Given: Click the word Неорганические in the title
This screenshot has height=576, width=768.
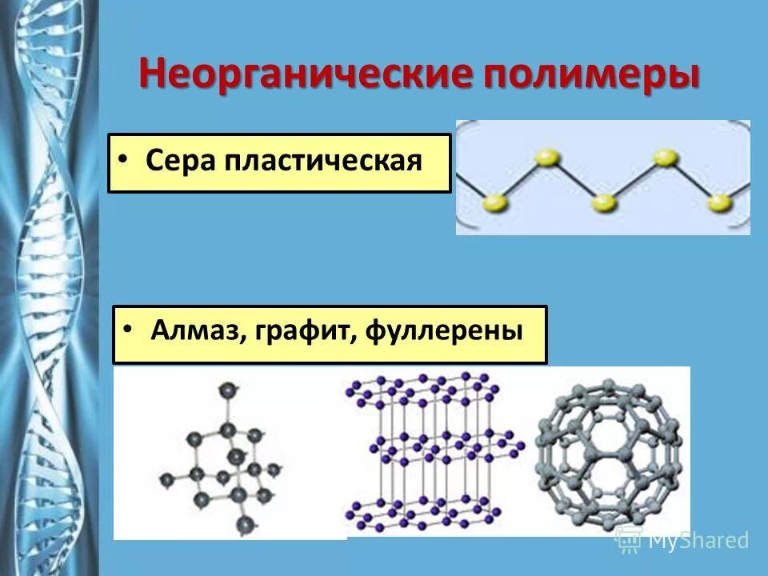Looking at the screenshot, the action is (x=306, y=74).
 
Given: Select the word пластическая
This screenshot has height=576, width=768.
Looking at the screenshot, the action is (x=323, y=161).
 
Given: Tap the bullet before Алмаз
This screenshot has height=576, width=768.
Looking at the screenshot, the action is (x=128, y=328).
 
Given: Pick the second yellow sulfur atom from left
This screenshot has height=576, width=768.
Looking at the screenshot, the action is (x=547, y=158).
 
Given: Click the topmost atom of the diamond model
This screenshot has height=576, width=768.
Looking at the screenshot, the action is (x=227, y=390).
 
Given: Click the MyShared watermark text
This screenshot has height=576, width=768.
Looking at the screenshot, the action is (x=698, y=541).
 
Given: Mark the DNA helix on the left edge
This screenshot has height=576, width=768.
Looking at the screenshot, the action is (x=48, y=288).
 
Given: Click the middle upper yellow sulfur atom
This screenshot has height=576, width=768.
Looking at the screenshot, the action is (x=665, y=158).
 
